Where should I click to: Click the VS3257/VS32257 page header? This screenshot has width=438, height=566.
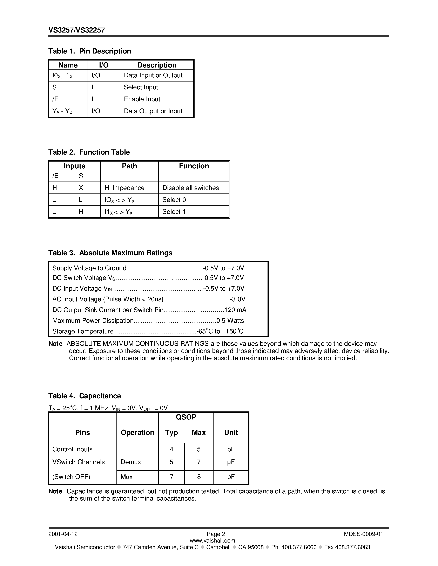76,30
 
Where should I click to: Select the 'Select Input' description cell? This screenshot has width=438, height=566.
141,87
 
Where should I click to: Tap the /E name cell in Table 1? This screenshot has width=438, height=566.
55,99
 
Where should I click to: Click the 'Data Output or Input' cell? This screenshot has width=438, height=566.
153,111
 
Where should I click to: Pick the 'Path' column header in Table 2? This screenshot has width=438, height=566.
129,166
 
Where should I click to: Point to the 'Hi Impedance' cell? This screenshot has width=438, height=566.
124,188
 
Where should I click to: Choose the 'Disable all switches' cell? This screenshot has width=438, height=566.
190,188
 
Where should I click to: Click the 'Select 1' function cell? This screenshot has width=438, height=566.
174,212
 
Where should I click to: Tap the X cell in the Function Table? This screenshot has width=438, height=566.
81,188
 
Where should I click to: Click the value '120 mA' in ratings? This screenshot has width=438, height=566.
235,310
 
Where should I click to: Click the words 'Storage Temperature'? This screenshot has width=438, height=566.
83,331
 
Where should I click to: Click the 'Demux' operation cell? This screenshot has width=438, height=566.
131,462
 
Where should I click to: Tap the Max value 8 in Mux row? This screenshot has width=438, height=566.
199,477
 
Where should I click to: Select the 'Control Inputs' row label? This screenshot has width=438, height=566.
72,449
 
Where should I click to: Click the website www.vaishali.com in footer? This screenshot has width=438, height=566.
212,541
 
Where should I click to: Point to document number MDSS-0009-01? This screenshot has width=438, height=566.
363,534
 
